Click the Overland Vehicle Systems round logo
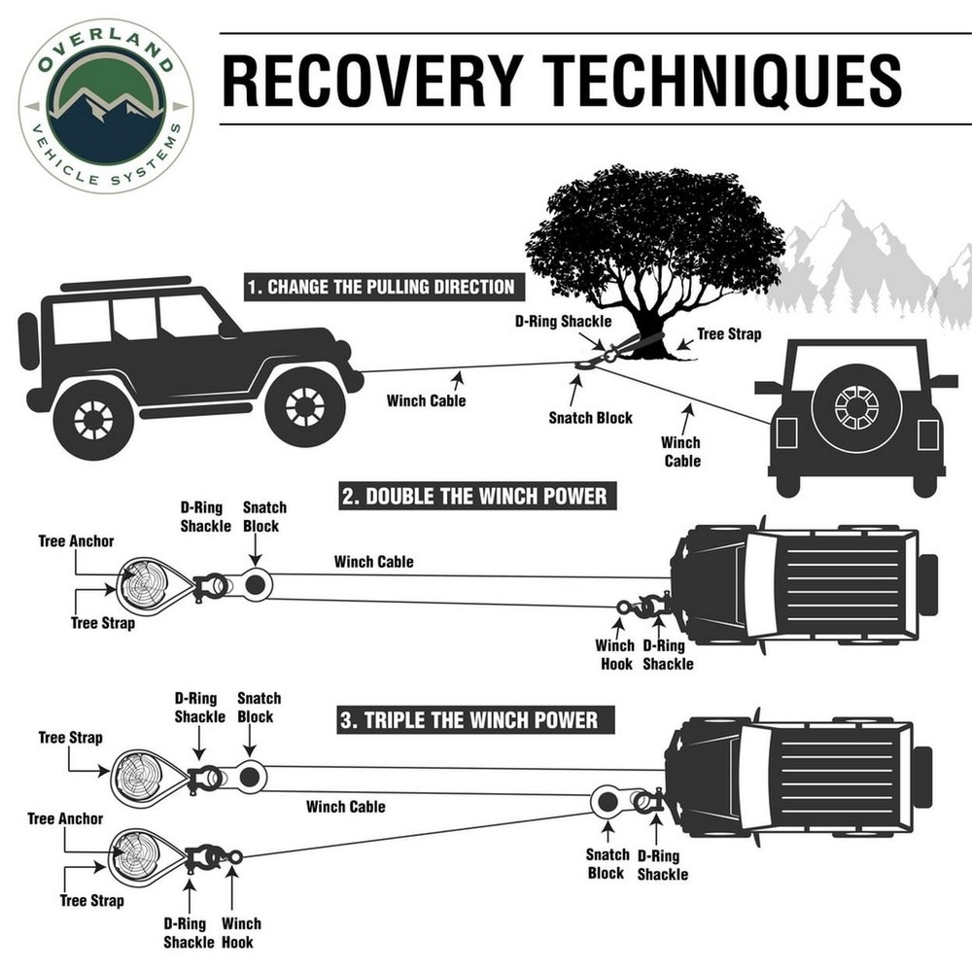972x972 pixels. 105,105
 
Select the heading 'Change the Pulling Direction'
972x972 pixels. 379,287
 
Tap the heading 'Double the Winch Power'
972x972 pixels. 475,497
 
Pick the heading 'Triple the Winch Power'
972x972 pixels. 469,720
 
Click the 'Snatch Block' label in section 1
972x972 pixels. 590,418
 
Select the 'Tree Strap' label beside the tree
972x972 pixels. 729,334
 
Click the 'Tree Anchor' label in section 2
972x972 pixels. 76,541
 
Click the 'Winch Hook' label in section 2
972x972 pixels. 615,654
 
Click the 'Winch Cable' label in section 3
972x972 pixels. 345,806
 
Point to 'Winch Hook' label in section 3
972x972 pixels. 241,932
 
